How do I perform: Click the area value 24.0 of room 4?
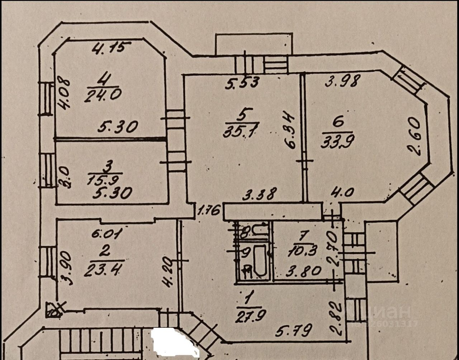[x=103, y=95]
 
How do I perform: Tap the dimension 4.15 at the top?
[x=111, y=48]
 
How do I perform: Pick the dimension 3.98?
[x=342, y=82]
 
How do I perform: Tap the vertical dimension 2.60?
[x=414, y=136]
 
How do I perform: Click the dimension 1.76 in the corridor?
[x=209, y=210]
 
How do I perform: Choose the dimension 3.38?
[x=259, y=195]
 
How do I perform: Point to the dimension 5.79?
[x=293, y=331]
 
